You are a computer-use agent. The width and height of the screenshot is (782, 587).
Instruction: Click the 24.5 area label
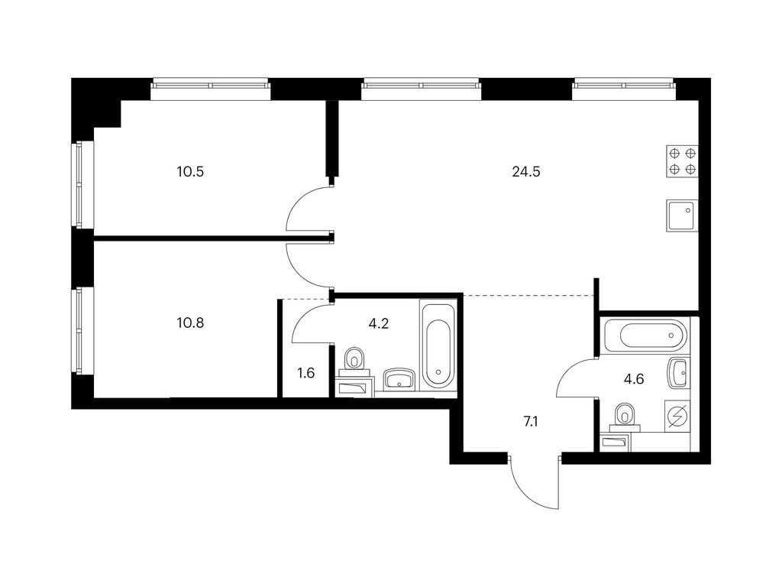pyautogui.click(x=526, y=172)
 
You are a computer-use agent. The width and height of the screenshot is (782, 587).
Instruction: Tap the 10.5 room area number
pyautogui.click(x=190, y=172)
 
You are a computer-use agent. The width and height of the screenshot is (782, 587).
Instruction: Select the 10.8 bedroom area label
pyautogui.click(x=190, y=323)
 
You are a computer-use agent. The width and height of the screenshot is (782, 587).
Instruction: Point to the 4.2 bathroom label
pyautogui.click(x=379, y=324)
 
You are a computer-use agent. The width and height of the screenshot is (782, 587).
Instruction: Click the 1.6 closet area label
pyautogui.click(x=305, y=373)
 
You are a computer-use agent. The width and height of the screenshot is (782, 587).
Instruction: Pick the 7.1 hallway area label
pyautogui.click(x=531, y=422)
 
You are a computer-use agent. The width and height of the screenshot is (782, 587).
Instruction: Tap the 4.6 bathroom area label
pyautogui.click(x=634, y=379)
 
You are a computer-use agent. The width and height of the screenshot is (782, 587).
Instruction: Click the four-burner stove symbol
pyautogui.click(x=682, y=161)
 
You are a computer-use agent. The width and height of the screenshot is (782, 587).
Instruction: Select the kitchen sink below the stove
pyautogui.click(x=682, y=216)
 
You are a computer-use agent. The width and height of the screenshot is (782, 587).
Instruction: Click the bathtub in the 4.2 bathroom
pyautogui.click(x=438, y=345)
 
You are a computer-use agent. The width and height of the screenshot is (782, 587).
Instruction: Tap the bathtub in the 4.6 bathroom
pyautogui.click(x=646, y=335)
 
